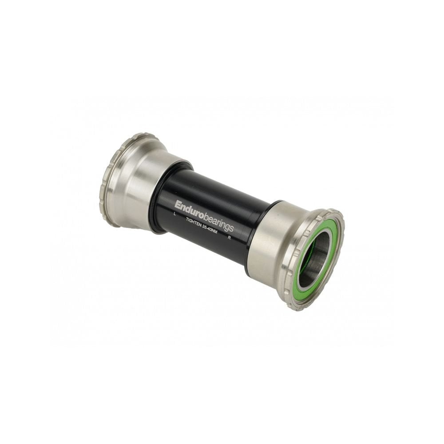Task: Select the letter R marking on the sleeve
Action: [x=229, y=238]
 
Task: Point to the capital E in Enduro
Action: [x=178, y=205]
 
